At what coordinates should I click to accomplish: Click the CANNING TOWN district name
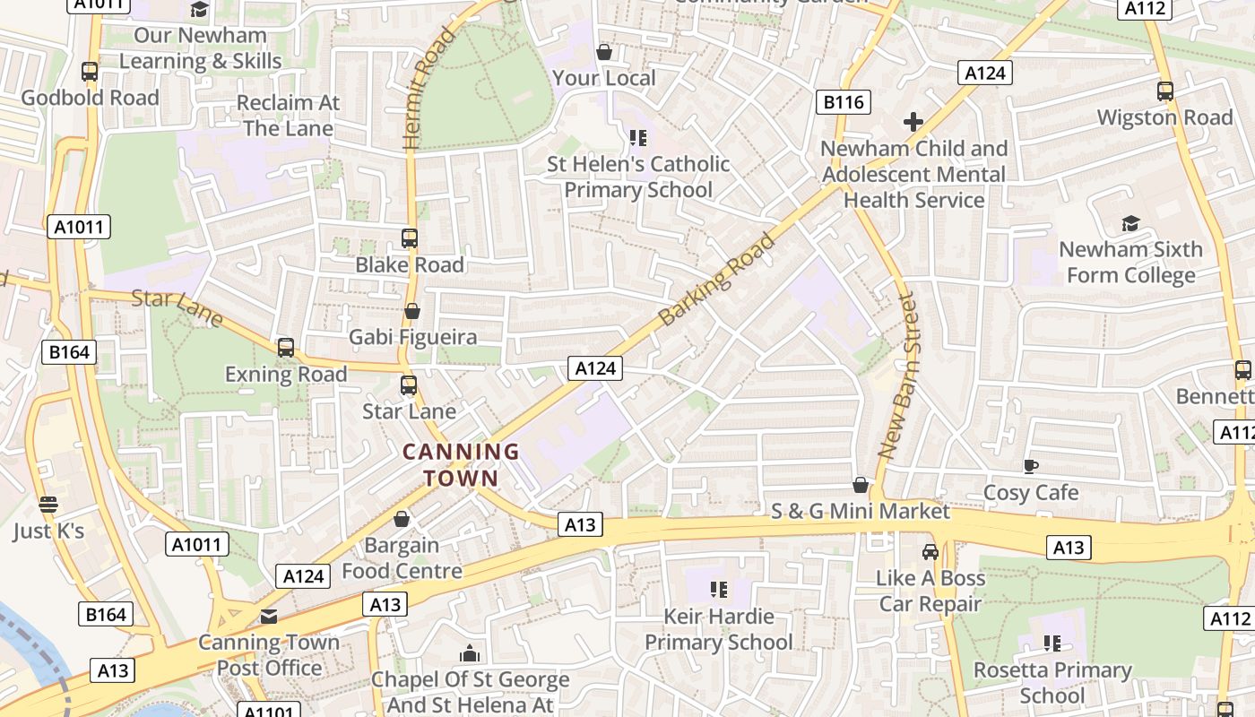click(460, 464)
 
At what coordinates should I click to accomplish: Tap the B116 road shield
click(844, 102)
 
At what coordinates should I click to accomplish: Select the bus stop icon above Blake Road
click(410, 238)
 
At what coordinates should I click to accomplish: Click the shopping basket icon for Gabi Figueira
click(412, 312)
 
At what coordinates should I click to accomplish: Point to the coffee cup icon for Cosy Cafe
click(1031, 466)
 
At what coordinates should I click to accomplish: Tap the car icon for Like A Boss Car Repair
click(930, 552)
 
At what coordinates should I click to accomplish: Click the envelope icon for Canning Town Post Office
click(269, 617)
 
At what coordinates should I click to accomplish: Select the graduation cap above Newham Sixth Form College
click(1130, 223)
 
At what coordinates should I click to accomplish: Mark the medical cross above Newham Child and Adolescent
click(913, 122)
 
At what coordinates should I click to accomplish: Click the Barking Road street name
click(715, 280)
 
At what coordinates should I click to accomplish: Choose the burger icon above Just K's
click(48, 505)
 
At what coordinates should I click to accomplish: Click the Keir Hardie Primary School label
click(718, 629)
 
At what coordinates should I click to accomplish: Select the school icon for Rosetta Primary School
click(1052, 644)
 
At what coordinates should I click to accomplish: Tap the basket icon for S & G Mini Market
click(861, 485)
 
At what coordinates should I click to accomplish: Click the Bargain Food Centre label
click(402, 557)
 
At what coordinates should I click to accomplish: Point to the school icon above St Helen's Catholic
click(638, 138)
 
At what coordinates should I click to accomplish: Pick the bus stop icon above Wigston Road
click(1165, 91)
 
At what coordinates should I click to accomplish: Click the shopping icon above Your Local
click(604, 52)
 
